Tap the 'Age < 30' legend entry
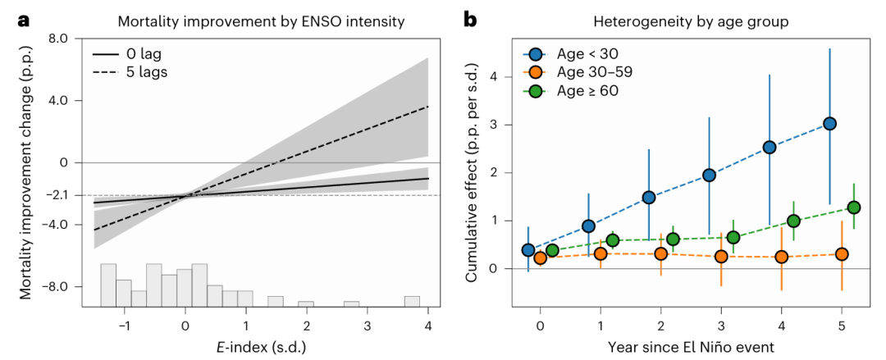pos(584,54)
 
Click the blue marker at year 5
pos(829,124)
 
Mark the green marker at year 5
pos(853,207)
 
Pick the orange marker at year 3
pos(721,256)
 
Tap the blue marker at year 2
pos(649,197)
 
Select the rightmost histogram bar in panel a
pos(412,301)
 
